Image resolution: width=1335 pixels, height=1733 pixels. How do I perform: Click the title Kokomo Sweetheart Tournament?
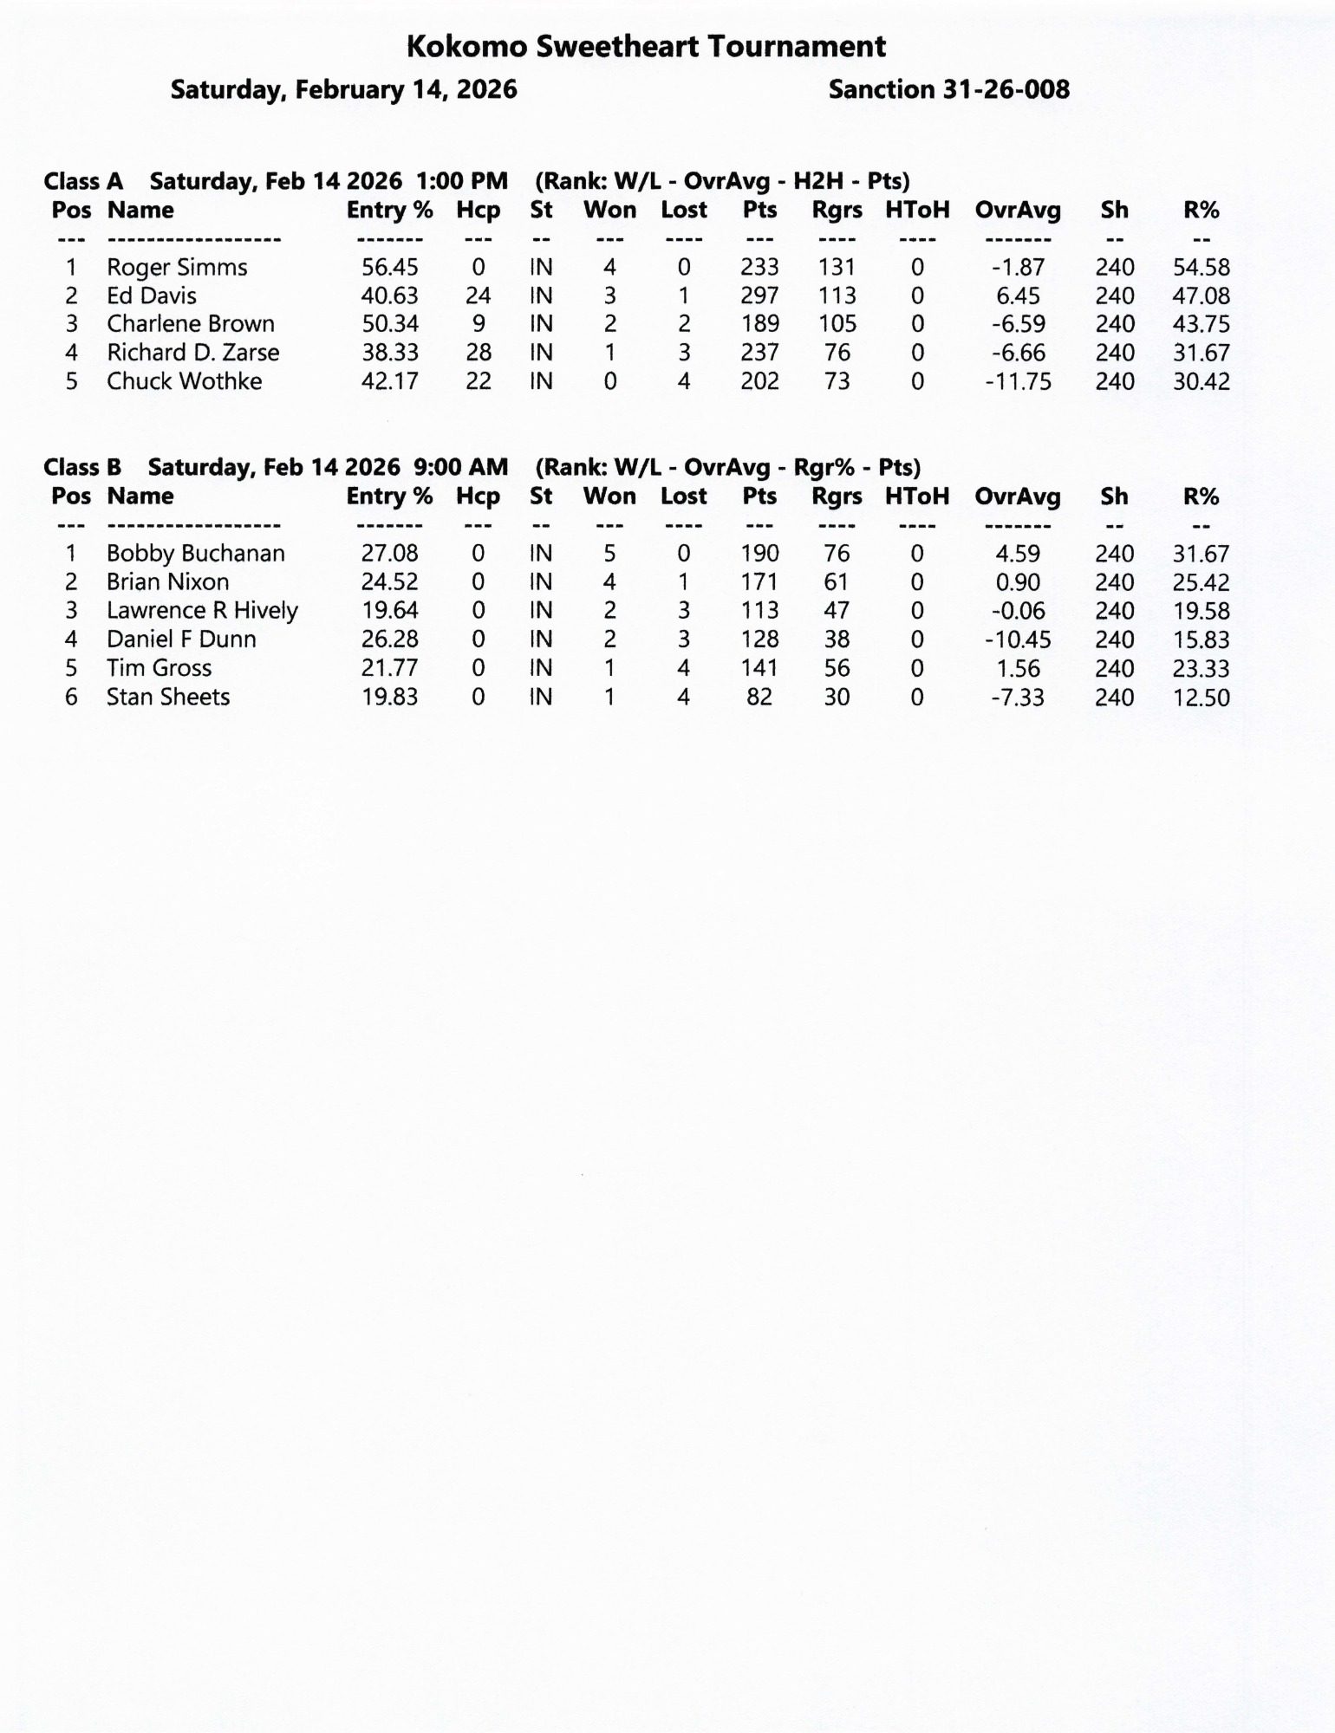[x=646, y=47]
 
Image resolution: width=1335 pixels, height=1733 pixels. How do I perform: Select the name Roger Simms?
[x=177, y=268]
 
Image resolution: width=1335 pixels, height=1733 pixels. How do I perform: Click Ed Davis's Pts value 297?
[x=759, y=296]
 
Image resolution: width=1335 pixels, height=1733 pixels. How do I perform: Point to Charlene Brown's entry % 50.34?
[x=389, y=324]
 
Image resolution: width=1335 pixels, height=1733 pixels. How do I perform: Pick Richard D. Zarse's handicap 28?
[x=478, y=353]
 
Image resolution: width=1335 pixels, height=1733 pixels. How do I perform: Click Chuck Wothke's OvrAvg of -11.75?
[x=1018, y=382]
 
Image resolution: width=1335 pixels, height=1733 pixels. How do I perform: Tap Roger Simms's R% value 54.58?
[x=1201, y=268]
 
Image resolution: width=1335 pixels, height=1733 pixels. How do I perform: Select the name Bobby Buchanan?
[x=195, y=554]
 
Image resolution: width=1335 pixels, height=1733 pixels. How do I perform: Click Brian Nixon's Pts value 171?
[x=759, y=582]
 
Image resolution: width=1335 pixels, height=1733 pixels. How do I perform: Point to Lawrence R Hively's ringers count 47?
[x=836, y=611]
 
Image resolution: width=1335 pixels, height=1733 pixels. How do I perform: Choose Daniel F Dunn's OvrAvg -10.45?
[x=1018, y=640]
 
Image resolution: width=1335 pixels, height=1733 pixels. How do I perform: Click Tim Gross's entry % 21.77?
[x=389, y=668]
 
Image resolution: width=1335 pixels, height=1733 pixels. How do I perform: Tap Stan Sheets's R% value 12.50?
[x=1201, y=698]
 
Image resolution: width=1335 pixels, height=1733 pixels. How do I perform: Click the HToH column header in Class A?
[x=917, y=211]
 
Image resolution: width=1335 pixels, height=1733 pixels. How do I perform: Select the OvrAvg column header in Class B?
[x=1018, y=497]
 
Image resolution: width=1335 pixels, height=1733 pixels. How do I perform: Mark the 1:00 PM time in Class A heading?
[x=461, y=182]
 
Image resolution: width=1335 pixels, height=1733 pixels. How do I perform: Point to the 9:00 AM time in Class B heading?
[x=460, y=468]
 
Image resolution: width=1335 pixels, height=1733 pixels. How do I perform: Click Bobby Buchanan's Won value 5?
[x=609, y=554]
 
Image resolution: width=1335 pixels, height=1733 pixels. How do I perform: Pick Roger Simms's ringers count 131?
[x=836, y=268]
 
